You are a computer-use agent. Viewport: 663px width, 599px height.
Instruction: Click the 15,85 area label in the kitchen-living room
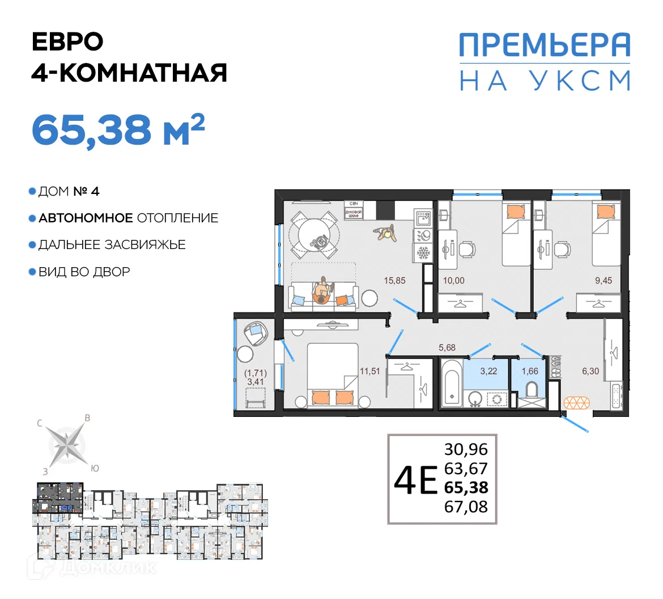tap(394, 280)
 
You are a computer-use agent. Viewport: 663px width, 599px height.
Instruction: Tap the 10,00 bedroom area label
tap(453, 280)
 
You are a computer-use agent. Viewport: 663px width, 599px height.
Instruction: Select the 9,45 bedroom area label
tap(603, 280)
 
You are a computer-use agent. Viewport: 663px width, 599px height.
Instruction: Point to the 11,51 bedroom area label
tap(369, 372)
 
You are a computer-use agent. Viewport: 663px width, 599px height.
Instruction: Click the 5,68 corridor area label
tap(447, 348)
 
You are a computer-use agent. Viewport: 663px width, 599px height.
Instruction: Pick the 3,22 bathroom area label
tap(488, 372)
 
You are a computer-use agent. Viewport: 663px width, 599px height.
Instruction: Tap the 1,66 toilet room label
tap(530, 372)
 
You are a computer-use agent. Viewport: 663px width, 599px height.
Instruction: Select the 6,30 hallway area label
tap(590, 372)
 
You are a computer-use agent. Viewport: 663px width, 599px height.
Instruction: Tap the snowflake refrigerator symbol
tap(423, 252)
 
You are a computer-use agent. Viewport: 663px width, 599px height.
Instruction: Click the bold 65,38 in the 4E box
tap(466, 487)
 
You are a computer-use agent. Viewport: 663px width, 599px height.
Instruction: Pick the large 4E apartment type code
tap(415, 480)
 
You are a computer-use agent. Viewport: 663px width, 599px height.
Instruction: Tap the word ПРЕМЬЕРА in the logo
tap(544, 45)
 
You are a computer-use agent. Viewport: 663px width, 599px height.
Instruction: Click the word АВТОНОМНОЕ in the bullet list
tap(86, 218)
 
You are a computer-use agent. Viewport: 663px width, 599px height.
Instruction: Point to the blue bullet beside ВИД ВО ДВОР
tap(33, 272)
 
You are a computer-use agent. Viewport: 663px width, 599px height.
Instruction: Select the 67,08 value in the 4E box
tap(466, 507)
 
